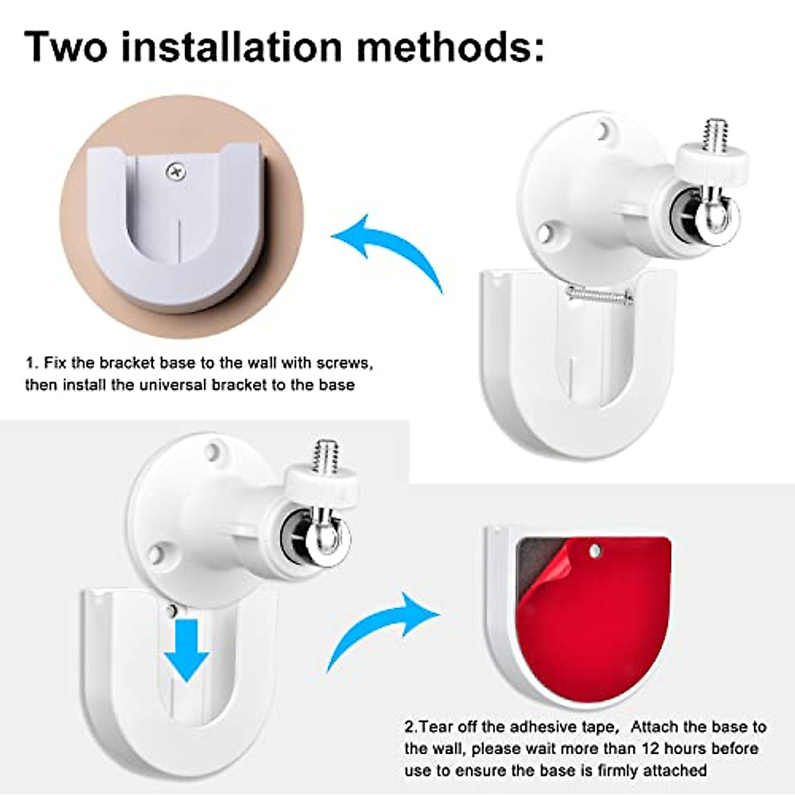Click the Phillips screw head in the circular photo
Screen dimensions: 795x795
pos(176,172)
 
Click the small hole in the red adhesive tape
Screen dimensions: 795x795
pos(594,549)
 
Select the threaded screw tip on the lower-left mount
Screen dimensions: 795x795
pos(325,455)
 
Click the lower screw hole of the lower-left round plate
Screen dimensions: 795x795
pos(156,554)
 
